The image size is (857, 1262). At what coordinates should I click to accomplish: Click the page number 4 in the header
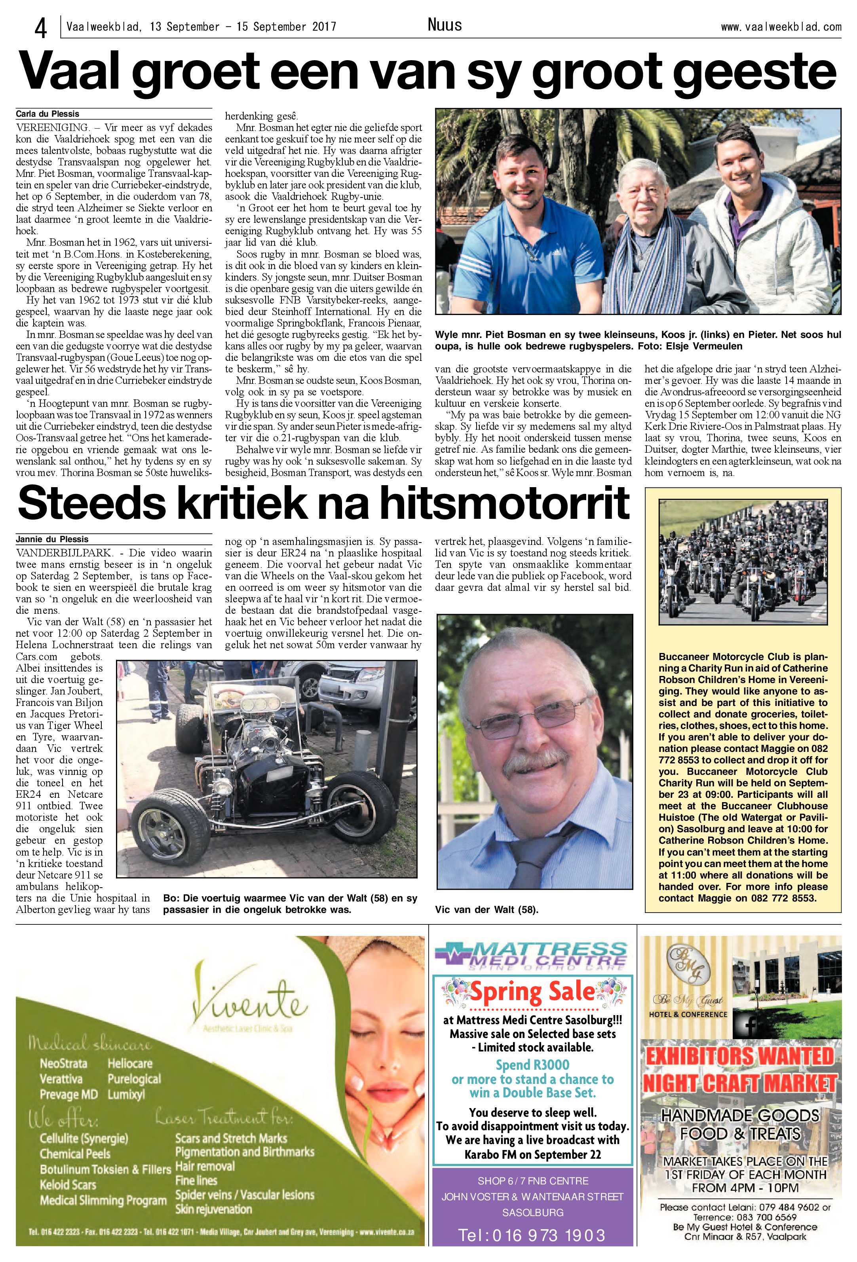(40, 27)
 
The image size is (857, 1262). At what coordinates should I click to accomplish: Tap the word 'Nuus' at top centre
(444, 25)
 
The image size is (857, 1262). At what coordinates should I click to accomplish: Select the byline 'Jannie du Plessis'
(52, 539)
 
